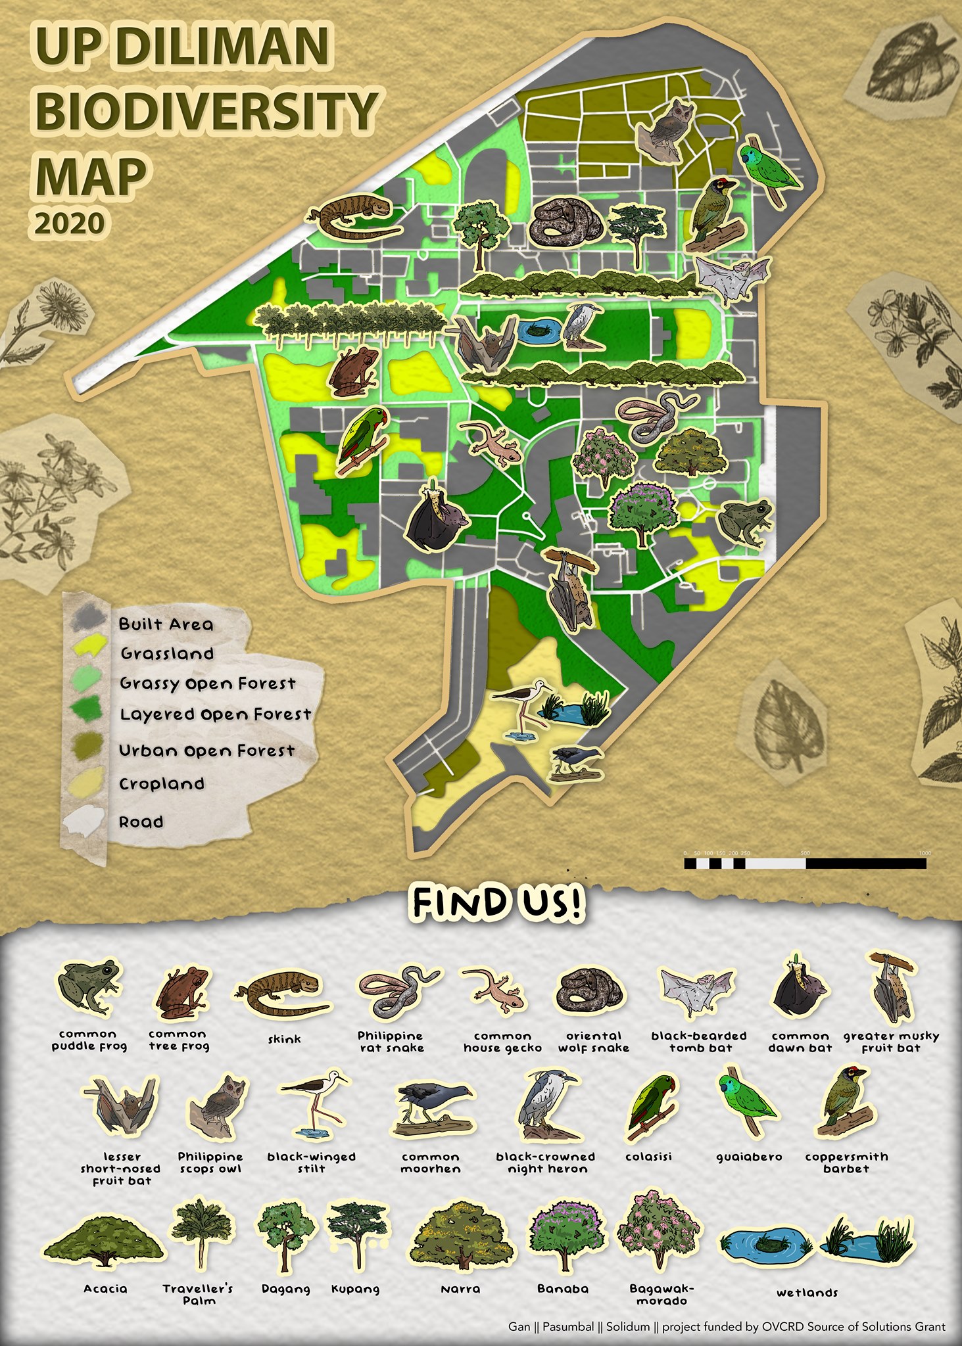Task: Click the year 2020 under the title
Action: [x=69, y=224]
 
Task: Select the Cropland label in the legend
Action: [x=162, y=784]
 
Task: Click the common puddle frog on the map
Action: [x=744, y=523]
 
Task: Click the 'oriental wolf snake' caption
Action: [x=593, y=1042]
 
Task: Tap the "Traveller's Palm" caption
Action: [x=198, y=1294]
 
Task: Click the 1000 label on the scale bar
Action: [x=925, y=852]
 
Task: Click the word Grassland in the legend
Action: [x=167, y=654]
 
